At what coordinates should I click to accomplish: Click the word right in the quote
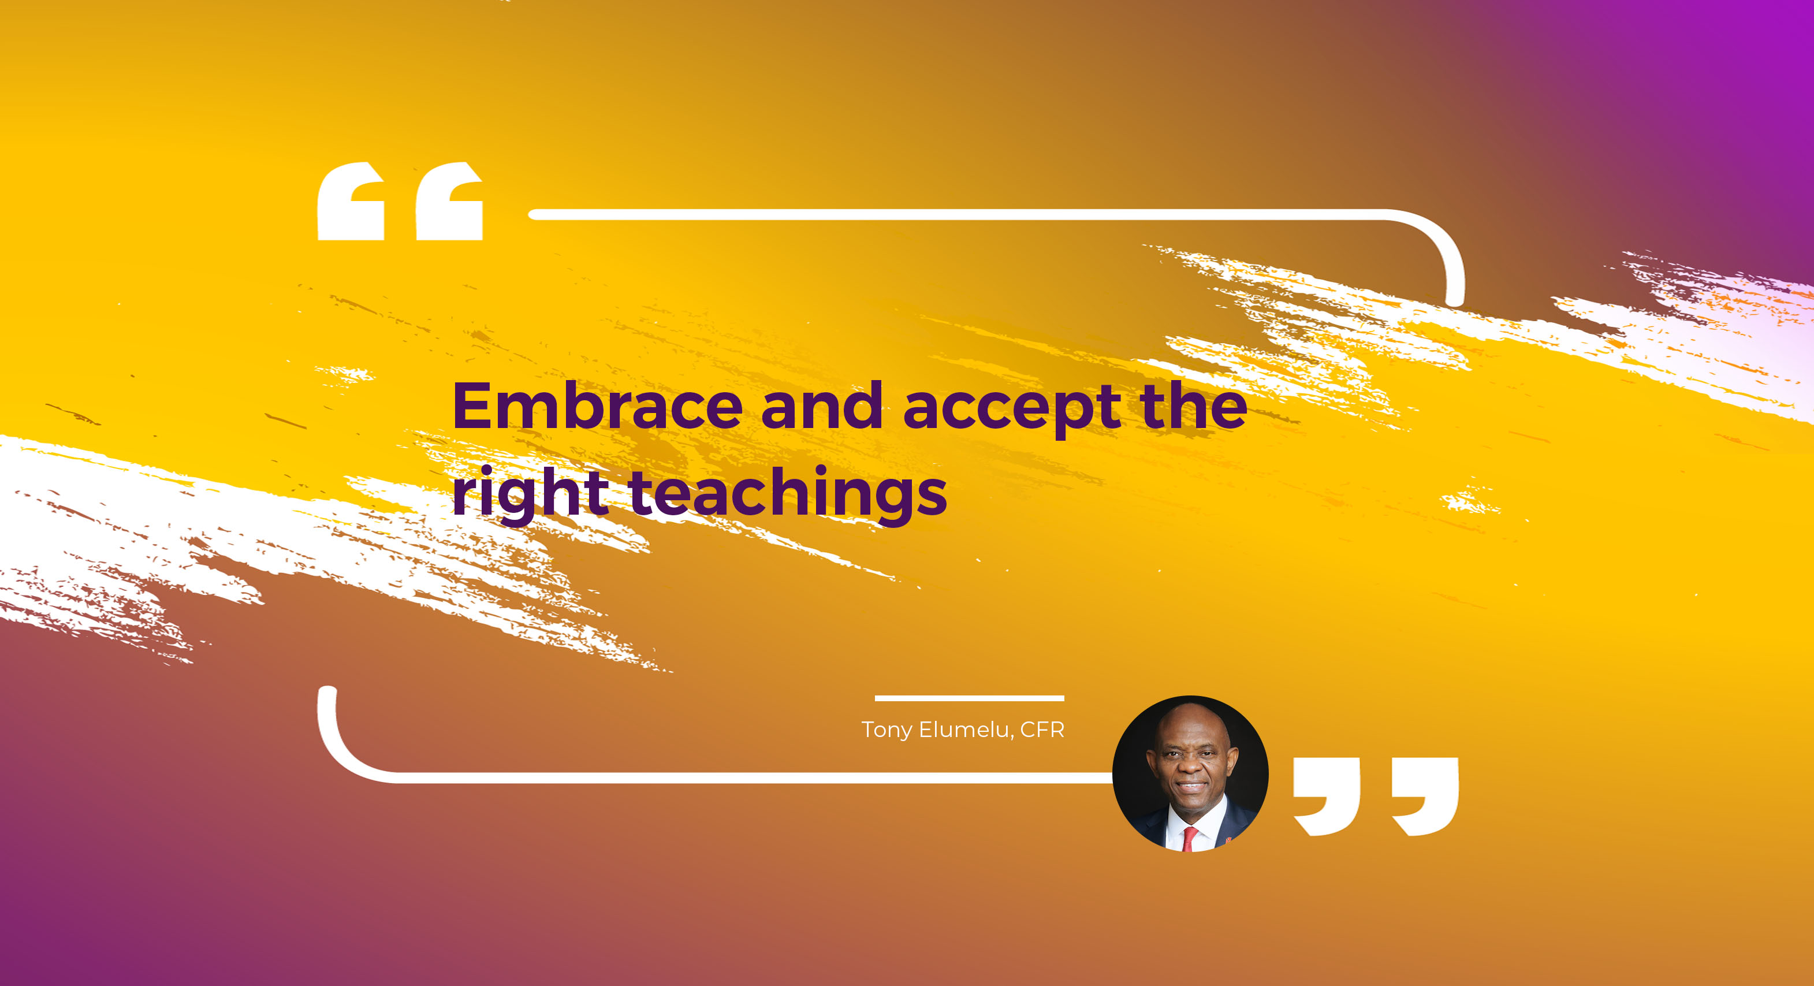click(530, 495)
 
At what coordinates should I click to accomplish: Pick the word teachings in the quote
click(788, 495)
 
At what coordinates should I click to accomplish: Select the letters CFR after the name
click(1043, 730)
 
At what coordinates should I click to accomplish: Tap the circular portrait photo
click(1190, 774)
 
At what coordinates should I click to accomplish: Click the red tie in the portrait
click(1189, 839)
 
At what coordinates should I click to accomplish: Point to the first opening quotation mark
click(351, 202)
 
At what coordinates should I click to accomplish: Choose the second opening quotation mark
click(449, 202)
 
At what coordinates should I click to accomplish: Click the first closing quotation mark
click(1327, 797)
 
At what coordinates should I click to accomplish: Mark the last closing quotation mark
click(1425, 797)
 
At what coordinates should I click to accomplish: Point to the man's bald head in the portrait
click(1189, 722)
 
